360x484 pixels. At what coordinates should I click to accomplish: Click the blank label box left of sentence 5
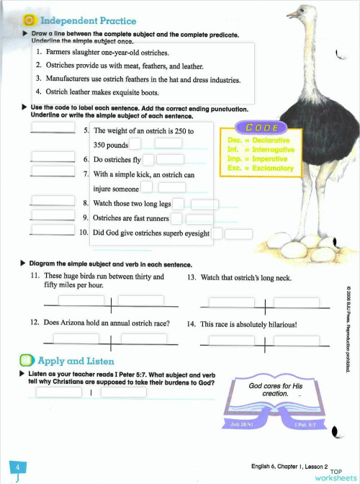tap(53, 128)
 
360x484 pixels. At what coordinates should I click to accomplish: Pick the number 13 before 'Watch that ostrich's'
tap(192, 277)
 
